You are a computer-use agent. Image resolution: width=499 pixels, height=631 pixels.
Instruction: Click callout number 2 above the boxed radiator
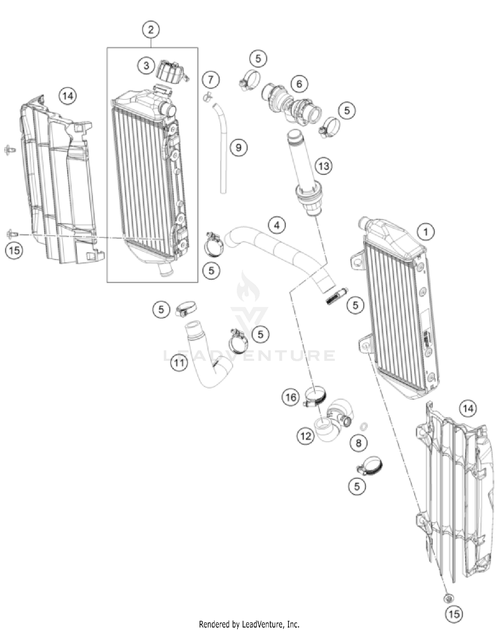(x=151, y=30)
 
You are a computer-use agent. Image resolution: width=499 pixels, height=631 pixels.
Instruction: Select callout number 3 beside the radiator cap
(x=146, y=65)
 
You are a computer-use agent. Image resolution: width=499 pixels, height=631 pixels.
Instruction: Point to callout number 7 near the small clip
(x=211, y=80)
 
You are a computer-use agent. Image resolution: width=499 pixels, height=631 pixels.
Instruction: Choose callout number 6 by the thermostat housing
(x=299, y=84)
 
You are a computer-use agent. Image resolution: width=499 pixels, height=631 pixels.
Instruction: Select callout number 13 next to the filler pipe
(x=324, y=165)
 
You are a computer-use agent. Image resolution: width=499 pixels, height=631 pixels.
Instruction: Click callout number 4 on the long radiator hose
(x=277, y=225)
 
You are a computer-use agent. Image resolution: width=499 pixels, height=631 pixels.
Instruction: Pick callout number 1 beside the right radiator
(x=426, y=231)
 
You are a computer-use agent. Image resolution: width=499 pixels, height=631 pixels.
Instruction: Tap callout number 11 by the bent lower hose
(x=179, y=362)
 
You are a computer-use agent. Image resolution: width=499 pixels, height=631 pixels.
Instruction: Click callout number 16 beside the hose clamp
(x=291, y=397)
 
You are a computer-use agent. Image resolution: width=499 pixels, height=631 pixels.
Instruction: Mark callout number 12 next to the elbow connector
(x=306, y=436)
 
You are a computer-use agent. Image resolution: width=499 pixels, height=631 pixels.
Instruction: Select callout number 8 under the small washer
(x=358, y=443)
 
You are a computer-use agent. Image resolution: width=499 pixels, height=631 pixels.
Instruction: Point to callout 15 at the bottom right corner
(x=454, y=613)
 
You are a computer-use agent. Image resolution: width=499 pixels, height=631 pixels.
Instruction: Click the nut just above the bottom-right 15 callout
(x=448, y=598)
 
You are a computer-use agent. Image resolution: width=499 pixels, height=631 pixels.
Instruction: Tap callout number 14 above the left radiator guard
(x=68, y=96)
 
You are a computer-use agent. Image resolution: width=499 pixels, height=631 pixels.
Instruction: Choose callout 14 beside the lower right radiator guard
(x=468, y=408)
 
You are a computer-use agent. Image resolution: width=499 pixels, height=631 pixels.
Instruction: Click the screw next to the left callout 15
(x=10, y=234)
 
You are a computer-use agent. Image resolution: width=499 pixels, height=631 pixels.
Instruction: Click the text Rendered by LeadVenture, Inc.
(x=249, y=624)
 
